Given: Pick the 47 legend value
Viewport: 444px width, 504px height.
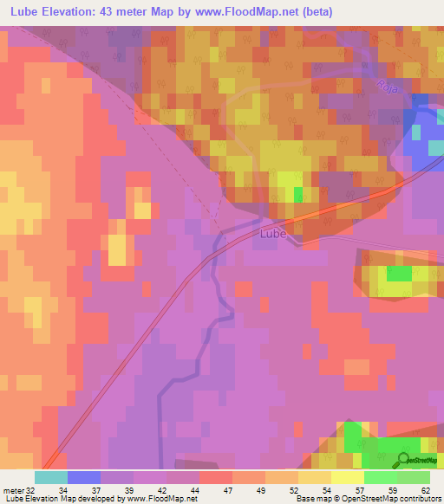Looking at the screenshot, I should (x=215, y=489).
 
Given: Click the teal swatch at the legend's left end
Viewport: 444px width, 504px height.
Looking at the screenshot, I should (x=50, y=477).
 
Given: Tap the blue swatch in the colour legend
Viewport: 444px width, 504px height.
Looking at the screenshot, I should (x=83, y=477).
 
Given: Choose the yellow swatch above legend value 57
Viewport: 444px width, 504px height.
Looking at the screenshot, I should (x=347, y=477).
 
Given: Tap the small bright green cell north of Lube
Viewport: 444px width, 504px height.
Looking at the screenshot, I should (x=299, y=192).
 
